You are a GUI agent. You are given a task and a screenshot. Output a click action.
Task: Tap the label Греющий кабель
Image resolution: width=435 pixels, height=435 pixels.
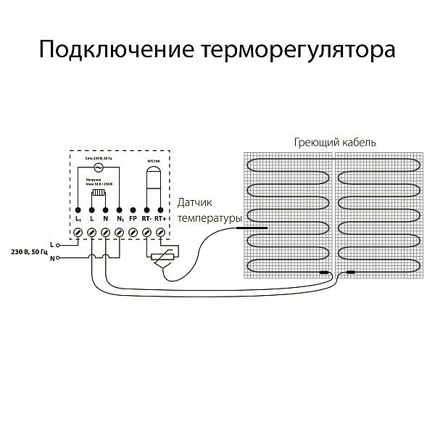[335, 142]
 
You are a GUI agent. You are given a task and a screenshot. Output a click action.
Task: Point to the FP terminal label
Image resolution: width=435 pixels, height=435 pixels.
[133, 217]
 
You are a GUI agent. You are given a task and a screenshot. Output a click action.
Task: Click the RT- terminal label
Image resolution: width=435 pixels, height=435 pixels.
[146, 217]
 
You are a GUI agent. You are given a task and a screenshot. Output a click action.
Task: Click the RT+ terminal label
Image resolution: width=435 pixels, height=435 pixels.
[160, 217]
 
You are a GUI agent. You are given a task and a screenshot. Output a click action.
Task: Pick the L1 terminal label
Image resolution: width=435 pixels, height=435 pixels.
[78, 217]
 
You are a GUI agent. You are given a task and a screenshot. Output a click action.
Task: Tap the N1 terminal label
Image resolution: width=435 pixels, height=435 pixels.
[120, 217]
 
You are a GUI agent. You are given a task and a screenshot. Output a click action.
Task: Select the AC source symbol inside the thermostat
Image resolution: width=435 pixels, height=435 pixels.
[98, 166]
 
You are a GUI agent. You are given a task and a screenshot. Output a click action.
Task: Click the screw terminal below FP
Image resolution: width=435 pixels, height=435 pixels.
[133, 232]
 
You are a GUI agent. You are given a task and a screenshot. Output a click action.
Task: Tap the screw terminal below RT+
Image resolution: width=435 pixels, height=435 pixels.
[160, 232]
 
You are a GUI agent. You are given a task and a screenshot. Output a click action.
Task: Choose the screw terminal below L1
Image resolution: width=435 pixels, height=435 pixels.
[78, 232]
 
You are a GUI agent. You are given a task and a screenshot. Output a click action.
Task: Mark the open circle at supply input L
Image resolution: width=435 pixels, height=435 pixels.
[59, 244]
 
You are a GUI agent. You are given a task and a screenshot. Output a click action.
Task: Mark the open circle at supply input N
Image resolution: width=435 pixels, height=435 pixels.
[59, 258]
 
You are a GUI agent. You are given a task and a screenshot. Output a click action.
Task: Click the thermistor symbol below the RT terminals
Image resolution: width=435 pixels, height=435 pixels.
[163, 257]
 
